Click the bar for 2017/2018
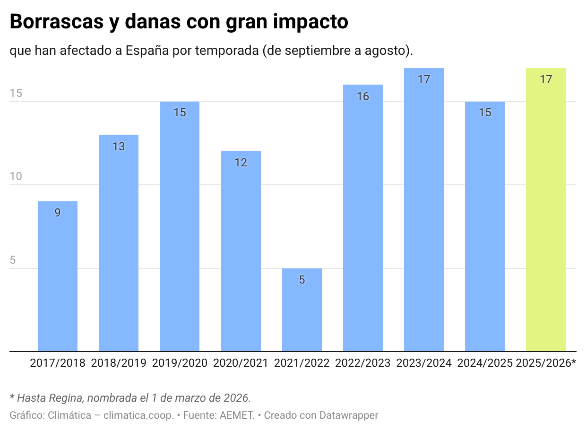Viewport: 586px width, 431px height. (x=58, y=276)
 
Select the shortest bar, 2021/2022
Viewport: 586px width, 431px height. (x=302, y=310)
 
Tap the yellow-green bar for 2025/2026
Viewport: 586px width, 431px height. (x=546, y=210)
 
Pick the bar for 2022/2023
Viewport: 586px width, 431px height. (x=363, y=218)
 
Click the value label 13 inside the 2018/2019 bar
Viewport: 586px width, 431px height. (x=119, y=147)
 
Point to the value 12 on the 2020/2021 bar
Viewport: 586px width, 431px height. (x=241, y=163)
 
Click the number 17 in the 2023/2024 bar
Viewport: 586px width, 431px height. (x=424, y=79)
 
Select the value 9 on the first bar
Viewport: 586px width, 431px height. (x=58, y=213)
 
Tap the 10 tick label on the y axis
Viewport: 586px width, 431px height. (x=16, y=176)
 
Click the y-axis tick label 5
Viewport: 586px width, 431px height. (x=13, y=260)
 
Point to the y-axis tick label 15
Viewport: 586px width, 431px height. (x=16, y=93)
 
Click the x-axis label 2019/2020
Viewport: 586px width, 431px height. (x=180, y=363)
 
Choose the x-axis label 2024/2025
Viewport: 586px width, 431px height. (x=485, y=363)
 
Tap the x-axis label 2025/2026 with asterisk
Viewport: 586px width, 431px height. (x=546, y=363)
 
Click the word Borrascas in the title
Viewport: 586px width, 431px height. (x=57, y=21)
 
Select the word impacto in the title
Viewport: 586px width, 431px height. (x=310, y=22)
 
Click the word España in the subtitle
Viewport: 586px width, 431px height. (x=147, y=50)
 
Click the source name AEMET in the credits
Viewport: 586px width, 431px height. (x=237, y=415)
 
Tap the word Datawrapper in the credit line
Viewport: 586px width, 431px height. (x=349, y=415)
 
